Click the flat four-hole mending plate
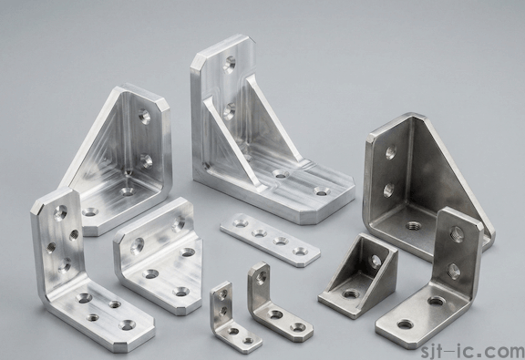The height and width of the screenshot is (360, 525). tap(270, 239)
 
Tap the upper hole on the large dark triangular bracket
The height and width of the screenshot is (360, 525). tap(390, 152)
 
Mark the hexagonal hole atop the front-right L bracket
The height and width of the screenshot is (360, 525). tap(457, 234)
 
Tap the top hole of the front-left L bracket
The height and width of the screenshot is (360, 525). tap(61, 212)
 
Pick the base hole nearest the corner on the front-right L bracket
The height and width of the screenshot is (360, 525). tap(436, 300)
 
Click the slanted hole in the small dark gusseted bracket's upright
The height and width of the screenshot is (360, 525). tap(376, 262)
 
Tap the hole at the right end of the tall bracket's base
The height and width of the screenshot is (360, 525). tap(321, 191)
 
